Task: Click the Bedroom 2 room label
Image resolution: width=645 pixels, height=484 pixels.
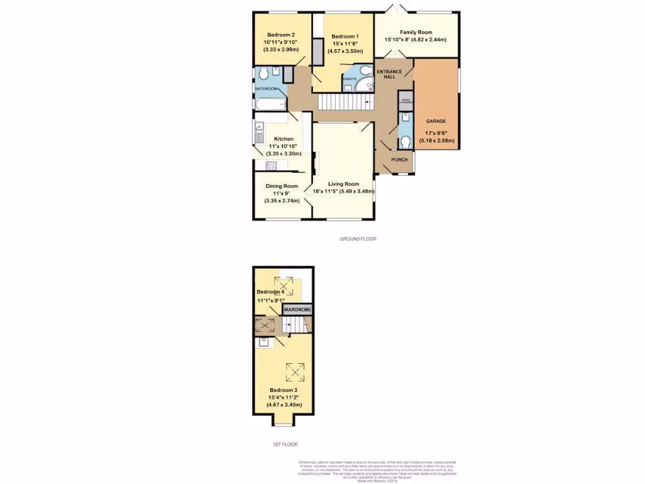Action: tap(280, 35)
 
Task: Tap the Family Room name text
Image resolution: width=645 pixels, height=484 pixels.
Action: tap(416, 32)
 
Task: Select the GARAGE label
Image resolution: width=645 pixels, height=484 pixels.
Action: tap(436, 121)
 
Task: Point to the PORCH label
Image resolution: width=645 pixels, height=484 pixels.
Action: tap(399, 160)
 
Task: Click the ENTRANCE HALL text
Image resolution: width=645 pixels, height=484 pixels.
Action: tap(389, 74)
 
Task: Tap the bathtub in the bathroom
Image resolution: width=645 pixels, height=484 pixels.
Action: tap(270, 103)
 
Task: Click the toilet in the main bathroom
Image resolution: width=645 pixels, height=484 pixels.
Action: tap(263, 75)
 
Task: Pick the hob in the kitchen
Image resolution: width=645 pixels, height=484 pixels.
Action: tap(271, 166)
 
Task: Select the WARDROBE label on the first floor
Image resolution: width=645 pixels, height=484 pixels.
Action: tap(297, 310)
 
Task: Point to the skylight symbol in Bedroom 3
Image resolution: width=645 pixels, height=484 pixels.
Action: tap(295, 372)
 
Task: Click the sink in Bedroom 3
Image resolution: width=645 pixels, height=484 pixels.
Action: tap(263, 342)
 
